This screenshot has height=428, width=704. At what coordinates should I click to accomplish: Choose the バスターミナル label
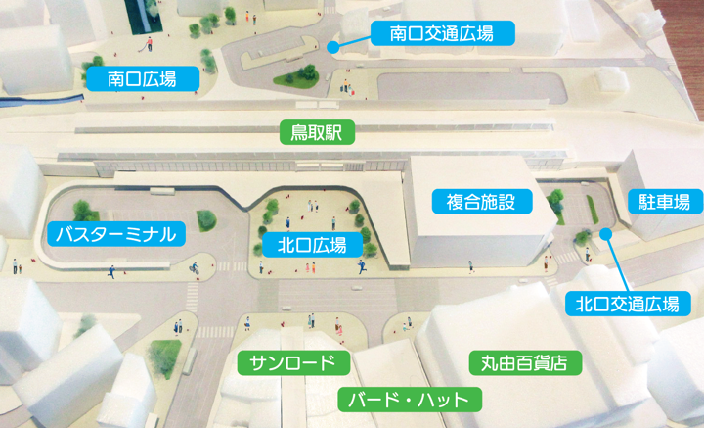(x=115, y=233)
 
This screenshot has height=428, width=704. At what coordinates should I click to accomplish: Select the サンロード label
(x=293, y=363)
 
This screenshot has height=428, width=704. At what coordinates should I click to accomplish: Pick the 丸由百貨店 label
(x=524, y=363)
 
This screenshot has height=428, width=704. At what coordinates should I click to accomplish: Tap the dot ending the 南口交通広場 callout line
(x=333, y=45)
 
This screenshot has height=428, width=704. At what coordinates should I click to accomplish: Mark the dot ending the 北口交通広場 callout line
(x=606, y=233)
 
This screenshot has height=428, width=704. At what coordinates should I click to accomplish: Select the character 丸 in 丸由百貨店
(x=488, y=363)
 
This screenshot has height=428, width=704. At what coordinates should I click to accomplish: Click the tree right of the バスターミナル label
(x=206, y=220)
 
